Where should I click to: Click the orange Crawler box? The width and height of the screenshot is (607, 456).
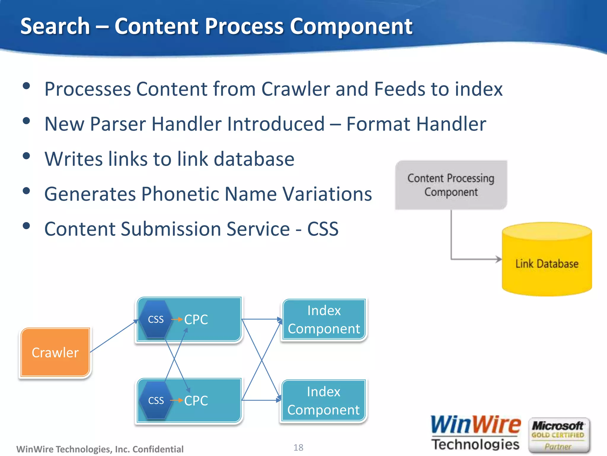[x=55, y=352]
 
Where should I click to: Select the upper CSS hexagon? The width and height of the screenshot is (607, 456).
[x=156, y=319]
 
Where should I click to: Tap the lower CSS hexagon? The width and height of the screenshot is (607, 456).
[x=156, y=400]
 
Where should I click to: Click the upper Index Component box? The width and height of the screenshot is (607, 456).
[x=324, y=319]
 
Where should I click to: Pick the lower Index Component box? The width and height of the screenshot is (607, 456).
[x=323, y=400]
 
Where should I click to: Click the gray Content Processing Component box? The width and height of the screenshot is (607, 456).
[x=451, y=185]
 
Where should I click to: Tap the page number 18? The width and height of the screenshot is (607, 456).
[x=298, y=447]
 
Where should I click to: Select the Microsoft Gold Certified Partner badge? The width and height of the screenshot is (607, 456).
[x=558, y=436]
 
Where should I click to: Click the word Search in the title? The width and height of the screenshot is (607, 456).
[x=55, y=26]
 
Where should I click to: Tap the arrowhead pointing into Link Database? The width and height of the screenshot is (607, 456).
[x=499, y=259]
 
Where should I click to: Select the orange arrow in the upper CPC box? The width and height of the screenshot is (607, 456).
[x=177, y=319]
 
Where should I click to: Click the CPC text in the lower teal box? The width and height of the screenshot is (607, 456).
[x=196, y=400]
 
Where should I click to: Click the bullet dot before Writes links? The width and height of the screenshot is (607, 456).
[x=26, y=156]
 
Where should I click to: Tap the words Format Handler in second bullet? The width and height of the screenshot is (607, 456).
[x=416, y=124]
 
